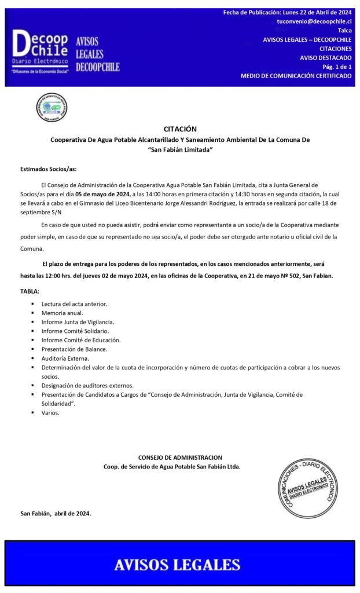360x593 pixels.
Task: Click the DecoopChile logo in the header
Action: coord(41,52)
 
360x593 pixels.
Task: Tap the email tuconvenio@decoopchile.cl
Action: coord(314,21)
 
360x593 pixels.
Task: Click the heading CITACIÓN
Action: coord(180,129)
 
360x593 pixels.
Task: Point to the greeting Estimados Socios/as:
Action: coord(48,169)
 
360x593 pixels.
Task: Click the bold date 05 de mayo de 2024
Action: coord(102,194)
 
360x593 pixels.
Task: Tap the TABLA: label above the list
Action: coord(30,291)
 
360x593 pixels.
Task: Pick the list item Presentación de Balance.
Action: coord(74,349)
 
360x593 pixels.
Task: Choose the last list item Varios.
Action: coord(50,413)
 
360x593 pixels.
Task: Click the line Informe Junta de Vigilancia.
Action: coord(78,321)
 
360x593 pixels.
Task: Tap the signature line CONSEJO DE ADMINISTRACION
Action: coord(180,457)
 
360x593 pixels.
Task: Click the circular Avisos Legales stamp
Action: coord(307,488)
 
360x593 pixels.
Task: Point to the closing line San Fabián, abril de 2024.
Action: coord(56,514)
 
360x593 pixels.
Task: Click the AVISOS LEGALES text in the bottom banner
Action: coord(177,565)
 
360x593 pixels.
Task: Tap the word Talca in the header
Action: coord(344,30)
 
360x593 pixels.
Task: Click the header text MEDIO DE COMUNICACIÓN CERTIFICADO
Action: coord(296,76)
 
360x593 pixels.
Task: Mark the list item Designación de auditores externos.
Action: coord(87,386)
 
